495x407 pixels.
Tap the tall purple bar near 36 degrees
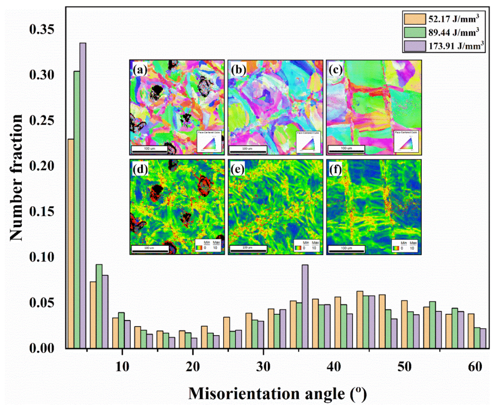tap(305, 306)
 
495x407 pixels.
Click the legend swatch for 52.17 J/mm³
tap(414, 19)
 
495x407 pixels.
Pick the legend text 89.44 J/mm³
tap(454, 32)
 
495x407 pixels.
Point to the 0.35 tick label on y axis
tap(42, 29)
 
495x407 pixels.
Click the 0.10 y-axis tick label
tap(42, 257)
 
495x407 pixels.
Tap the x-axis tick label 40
tap(334, 367)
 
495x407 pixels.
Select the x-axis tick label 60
tap(475, 367)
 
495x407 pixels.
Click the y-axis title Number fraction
tap(16, 178)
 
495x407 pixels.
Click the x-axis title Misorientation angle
tap(277, 393)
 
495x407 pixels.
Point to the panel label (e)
tap(237, 169)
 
